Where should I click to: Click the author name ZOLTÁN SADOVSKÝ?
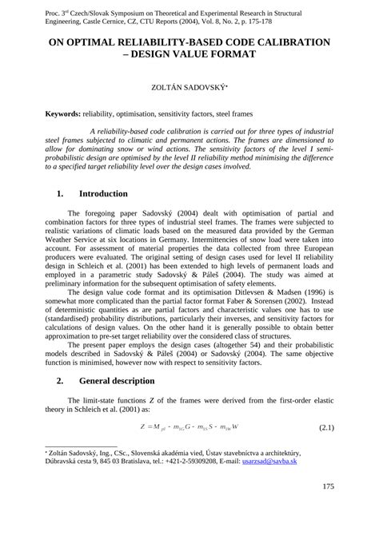[188, 89]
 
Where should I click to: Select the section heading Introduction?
[103, 194]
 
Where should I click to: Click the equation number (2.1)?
[326, 429]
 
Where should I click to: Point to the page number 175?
[327, 485]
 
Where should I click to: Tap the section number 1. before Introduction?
[61, 194]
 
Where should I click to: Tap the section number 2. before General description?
[61, 380]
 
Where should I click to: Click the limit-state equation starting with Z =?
[189, 429]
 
